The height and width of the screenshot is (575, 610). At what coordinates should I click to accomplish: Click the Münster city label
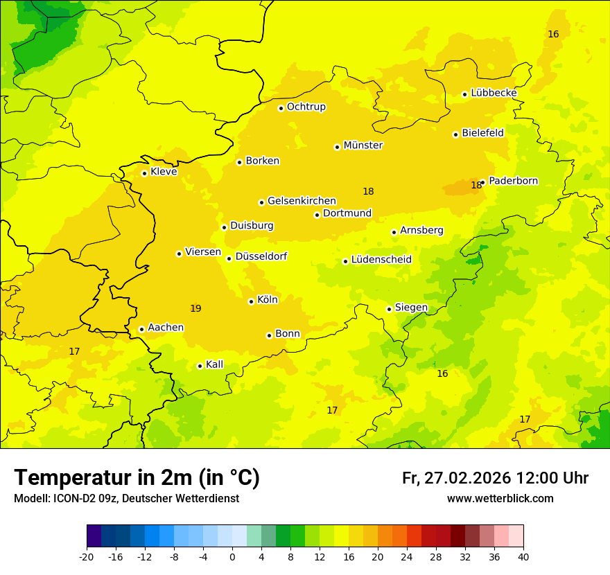coord(363,145)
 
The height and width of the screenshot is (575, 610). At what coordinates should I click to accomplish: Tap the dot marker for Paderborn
coord(482,182)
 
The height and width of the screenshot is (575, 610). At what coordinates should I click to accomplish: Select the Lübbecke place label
coord(494,93)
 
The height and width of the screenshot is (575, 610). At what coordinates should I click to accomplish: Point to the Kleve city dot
coord(144,173)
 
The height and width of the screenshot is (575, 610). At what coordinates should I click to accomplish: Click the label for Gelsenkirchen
coord(302,201)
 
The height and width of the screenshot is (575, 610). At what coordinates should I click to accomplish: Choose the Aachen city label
coord(166,328)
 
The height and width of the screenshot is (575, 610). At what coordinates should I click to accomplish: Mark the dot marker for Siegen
coord(389,309)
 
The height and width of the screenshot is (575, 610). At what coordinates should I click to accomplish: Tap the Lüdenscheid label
coord(381,260)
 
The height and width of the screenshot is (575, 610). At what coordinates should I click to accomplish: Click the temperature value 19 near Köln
coord(195,308)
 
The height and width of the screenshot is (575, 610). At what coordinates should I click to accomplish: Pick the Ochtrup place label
coord(306,107)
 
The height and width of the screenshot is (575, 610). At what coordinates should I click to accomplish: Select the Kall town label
coord(214,364)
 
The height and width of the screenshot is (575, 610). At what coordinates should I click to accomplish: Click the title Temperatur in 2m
coord(137,477)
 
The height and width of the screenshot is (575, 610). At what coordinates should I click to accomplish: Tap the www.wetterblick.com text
coord(500,499)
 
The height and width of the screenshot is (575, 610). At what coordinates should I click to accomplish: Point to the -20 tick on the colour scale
coord(87,556)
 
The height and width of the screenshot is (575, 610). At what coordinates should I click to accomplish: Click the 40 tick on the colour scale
coord(523,556)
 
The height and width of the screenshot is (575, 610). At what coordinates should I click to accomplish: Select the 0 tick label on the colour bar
coord(232,556)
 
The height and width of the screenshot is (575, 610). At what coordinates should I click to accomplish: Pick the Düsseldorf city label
coord(261,256)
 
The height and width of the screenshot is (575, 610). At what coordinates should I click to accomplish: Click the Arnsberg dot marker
coord(394,232)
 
